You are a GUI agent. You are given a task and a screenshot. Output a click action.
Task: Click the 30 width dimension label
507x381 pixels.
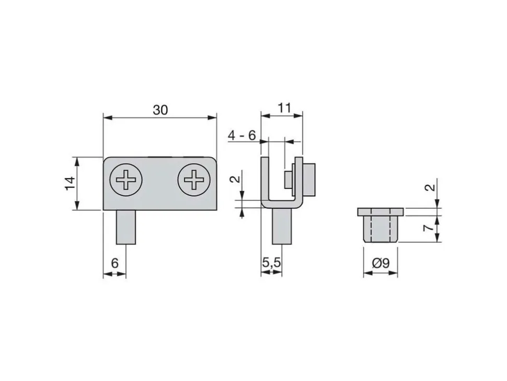pyautogui.click(x=160, y=110)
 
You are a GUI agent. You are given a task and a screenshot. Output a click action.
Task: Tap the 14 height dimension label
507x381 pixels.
pyautogui.click(x=70, y=184)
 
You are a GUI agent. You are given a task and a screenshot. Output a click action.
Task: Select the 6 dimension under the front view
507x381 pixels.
pyautogui.click(x=115, y=263)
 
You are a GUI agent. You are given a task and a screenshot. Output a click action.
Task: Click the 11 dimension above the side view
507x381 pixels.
pyautogui.click(x=284, y=108)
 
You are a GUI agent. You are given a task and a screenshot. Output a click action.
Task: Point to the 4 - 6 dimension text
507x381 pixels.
pyautogui.click(x=242, y=135)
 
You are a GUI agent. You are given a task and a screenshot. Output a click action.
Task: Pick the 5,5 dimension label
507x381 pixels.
pyautogui.click(x=272, y=263)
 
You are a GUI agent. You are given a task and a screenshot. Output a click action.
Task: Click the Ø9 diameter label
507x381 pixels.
pyautogui.click(x=381, y=263)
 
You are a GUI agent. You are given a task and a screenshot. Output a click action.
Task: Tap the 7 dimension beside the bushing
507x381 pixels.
pyautogui.click(x=429, y=228)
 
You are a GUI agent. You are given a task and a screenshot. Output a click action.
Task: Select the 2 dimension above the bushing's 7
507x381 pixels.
pyautogui.click(x=430, y=187)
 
